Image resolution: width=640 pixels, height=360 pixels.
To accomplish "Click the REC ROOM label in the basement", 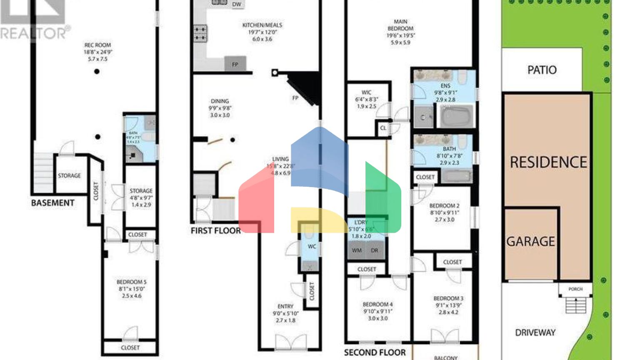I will (x=98, y=45).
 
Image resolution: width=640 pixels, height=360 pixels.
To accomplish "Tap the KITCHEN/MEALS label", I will (x=262, y=25).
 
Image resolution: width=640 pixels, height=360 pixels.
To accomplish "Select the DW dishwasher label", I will (x=237, y=5).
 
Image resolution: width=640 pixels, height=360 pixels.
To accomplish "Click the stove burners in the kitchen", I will (x=200, y=34).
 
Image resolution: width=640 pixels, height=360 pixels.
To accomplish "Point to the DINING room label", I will (x=220, y=101).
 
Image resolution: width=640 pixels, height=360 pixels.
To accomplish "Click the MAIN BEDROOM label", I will (x=400, y=25).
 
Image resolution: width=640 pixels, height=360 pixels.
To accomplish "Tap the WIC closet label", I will (x=366, y=92).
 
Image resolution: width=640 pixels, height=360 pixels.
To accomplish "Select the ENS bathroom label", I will (x=445, y=86).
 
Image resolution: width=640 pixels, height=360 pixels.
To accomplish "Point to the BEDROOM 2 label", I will (x=444, y=206).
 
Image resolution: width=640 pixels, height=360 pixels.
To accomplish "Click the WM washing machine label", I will (x=357, y=250).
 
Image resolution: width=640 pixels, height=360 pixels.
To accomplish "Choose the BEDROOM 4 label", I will (x=377, y=305).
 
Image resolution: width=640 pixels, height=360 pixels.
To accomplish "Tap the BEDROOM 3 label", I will (x=448, y=298).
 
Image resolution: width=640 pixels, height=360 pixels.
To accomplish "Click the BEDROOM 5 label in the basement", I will (x=132, y=282).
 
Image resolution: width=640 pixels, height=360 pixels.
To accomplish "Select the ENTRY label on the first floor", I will (x=285, y=306).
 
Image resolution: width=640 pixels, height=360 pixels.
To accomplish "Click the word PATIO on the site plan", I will (x=542, y=70).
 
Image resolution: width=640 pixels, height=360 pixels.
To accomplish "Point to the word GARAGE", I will (x=530, y=242).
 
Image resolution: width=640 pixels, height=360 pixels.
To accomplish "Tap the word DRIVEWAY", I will (x=535, y=332).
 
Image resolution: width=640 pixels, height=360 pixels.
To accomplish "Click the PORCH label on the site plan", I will (x=575, y=289).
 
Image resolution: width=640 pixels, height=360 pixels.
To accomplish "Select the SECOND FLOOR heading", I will (x=375, y=352).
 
